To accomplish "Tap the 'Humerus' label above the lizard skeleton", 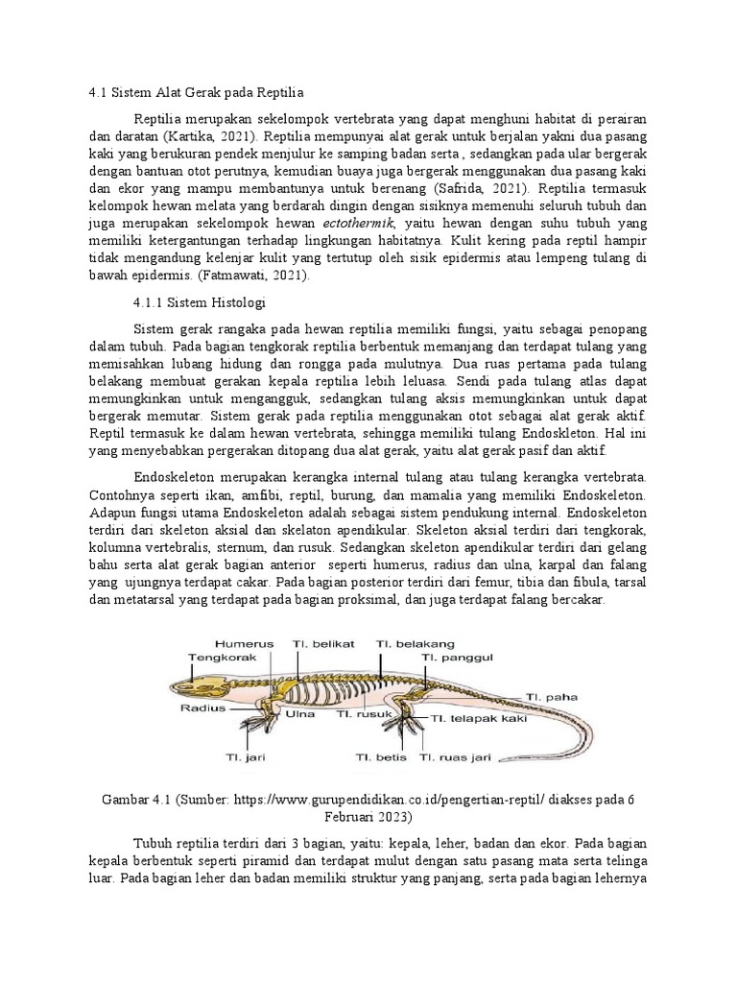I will (x=245, y=643).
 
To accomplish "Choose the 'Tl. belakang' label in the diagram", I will (x=416, y=643).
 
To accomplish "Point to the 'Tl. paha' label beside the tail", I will (x=548, y=698).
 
